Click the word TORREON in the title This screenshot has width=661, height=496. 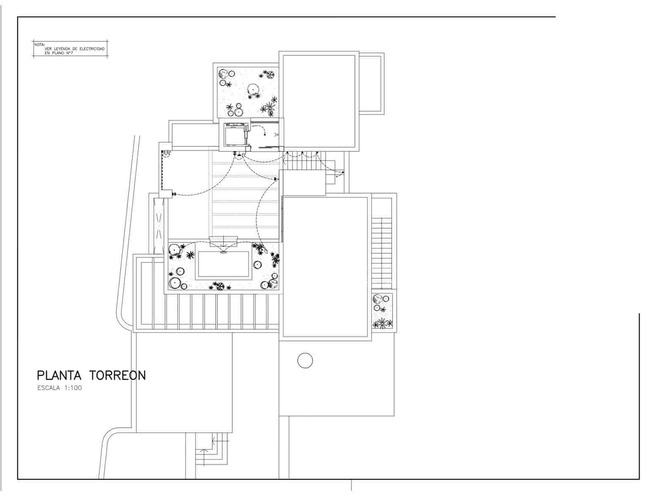click(x=118, y=375)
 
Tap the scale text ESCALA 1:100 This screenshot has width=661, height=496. click(x=59, y=388)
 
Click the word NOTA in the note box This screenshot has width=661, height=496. click(x=39, y=44)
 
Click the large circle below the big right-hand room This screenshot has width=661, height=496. click(x=305, y=360)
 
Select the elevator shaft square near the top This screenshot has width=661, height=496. click(x=234, y=134)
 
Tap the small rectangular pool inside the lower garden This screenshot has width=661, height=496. click(x=224, y=265)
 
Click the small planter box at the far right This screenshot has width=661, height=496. click(x=383, y=311)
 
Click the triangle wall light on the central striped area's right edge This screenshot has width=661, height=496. click(x=276, y=179)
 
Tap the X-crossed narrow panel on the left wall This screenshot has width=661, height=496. click(x=158, y=225)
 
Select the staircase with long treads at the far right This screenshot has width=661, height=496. click(x=381, y=252)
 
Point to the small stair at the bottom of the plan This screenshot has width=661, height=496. click(x=212, y=449)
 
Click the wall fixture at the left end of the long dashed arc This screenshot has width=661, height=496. click(x=174, y=193)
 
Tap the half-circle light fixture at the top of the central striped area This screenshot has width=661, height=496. click(x=239, y=154)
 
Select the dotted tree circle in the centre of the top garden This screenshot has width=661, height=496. click(x=252, y=89)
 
